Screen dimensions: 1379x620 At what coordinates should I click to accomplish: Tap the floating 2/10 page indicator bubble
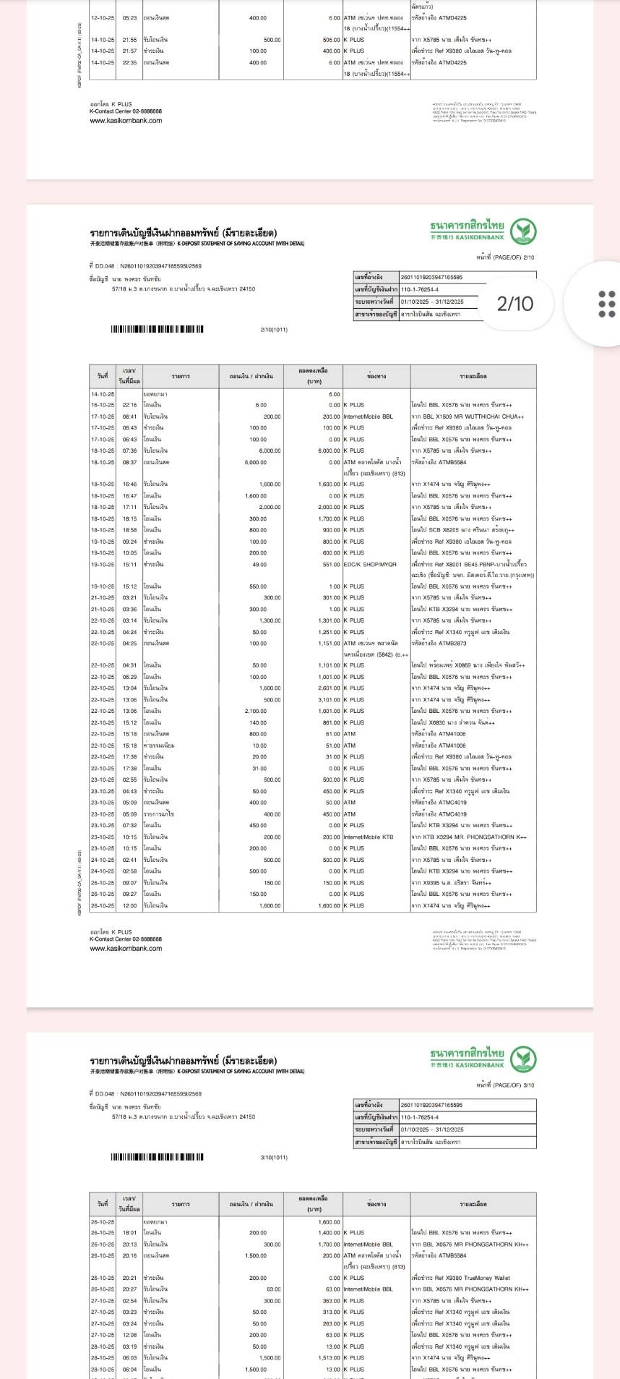[x=514, y=304]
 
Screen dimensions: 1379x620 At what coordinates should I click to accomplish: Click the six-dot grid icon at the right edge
[x=607, y=304]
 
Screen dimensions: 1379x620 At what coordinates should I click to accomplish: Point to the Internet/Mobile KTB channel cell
[x=369, y=837]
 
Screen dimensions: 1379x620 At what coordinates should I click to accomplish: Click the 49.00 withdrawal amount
[x=259, y=564]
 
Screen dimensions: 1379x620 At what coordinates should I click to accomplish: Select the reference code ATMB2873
[x=452, y=644]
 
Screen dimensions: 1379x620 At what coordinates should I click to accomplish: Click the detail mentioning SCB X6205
[x=462, y=530]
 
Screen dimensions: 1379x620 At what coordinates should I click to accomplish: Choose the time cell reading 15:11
[x=129, y=564]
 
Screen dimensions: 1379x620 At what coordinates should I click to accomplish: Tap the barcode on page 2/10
[x=157, y=330]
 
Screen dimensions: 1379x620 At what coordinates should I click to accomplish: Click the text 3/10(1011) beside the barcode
[x=274, y=1158]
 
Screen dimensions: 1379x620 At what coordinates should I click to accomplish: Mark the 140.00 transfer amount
[x=258, y=722]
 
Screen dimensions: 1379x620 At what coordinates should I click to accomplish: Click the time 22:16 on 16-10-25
[x=129, y=405]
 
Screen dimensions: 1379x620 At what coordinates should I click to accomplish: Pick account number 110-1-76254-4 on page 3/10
[x=419, y=1117]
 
